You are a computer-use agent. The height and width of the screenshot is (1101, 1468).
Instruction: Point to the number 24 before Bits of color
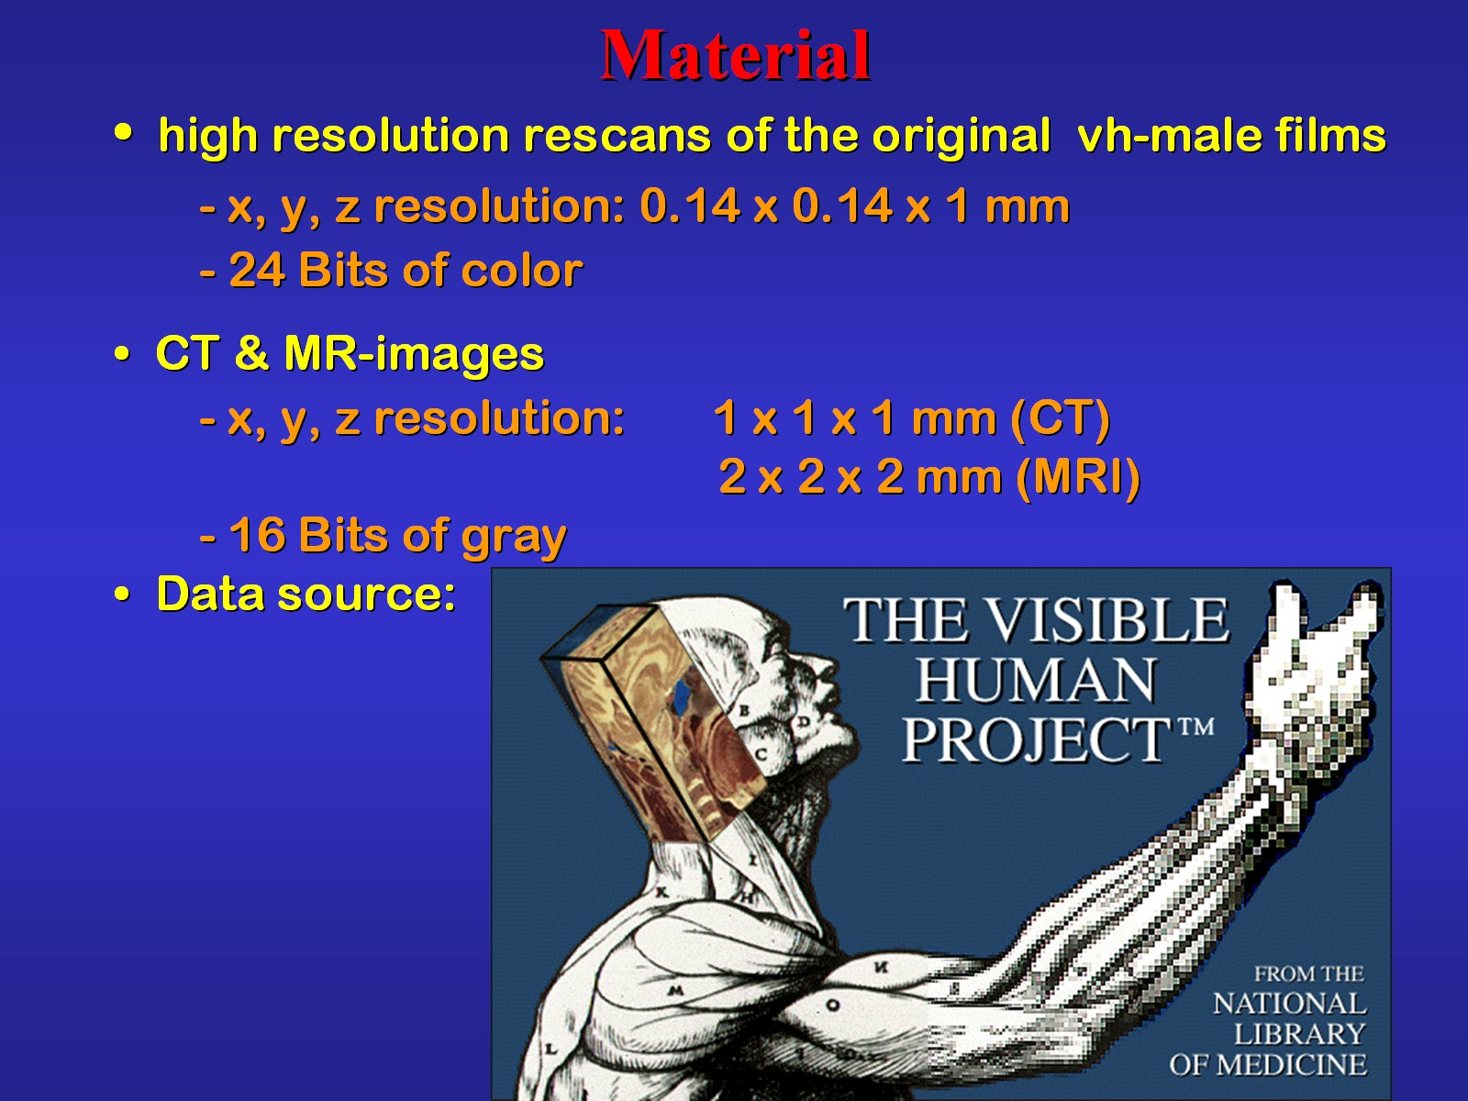257,270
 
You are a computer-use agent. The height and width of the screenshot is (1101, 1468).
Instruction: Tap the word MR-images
414,354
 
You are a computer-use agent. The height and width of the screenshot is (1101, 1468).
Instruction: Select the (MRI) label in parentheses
1077,477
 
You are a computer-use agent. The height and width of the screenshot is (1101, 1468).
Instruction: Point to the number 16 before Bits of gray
257,535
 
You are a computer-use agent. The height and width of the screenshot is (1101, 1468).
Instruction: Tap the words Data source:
306,594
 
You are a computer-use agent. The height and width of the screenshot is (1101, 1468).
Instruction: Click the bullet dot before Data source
122,593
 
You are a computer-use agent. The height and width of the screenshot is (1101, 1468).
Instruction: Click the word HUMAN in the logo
1035,681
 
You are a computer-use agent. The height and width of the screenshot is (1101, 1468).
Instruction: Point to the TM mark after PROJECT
1196,727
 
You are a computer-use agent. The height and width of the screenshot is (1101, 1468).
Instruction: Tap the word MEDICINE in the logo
1291,1065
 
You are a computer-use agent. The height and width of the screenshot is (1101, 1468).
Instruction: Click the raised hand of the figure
1311,675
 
